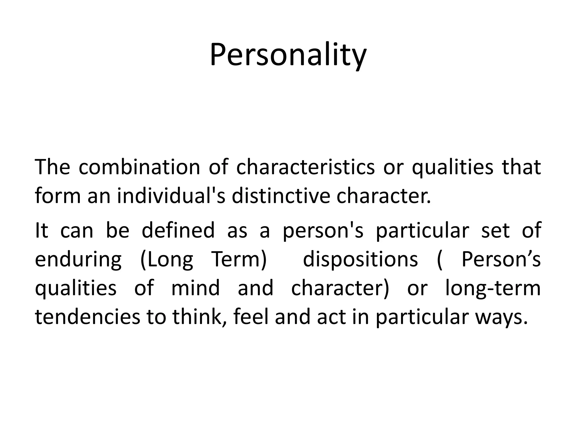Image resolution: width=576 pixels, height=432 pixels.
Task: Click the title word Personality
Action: pyautogui.click(x=288, y=55)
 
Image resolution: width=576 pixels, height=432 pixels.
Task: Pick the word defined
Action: pyautogui.click(x=178, y=230)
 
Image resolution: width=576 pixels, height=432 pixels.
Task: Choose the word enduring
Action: pyautogui.click(x=78, y=259)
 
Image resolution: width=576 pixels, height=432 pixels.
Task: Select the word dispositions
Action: pyautogui.click(x=360, y=259)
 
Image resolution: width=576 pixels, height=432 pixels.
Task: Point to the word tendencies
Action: pyautogui.click(x=87, y=317)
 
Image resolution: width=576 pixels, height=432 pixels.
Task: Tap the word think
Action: pyautogui.click(x=200, y=317)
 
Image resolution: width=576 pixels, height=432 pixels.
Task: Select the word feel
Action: pyautogui.click(x=251, y=317)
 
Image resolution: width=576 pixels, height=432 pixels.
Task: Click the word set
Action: pyautogui.click(x=496, y=230)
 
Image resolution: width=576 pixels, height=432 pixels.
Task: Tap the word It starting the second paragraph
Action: pyautogui.click(x=41, y=230)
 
